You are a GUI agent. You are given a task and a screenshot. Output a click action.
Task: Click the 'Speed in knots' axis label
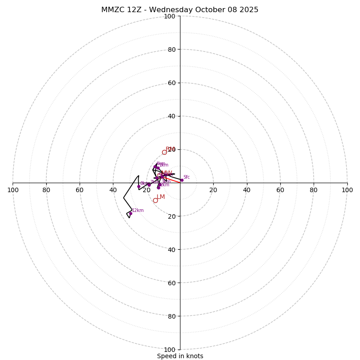(x=180, y=356)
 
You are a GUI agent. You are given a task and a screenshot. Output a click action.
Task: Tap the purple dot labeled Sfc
(x=182, y=180)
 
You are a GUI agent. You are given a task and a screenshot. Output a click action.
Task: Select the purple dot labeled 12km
(x=130, y=214)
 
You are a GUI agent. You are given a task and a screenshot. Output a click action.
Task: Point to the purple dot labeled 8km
(x=139, y=186)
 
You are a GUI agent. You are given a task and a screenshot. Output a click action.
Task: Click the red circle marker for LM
(x=155, y=200)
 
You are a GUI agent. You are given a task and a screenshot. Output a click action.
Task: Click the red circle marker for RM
(x=164, y=152)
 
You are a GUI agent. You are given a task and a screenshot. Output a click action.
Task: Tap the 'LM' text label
(x=161, y=197)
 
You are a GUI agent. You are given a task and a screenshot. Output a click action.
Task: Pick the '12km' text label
(x=138, y=210)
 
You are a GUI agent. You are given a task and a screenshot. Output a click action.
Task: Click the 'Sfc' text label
(x=186, y=177)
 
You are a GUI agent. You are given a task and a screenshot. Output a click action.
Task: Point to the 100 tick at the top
(x=170, y=16)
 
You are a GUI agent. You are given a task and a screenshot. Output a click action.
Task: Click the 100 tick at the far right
(x=347, y=190)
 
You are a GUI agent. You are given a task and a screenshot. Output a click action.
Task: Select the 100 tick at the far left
(x=13, y=190)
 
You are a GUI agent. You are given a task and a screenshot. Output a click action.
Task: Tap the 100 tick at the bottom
(x=170, y=350)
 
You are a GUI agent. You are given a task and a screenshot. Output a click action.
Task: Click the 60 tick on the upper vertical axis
(x=171, y=83)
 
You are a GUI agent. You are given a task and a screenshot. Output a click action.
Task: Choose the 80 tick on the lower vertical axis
(x=171, y=316)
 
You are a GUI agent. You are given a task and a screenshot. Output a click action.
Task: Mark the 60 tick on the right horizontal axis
(x=280, y=190)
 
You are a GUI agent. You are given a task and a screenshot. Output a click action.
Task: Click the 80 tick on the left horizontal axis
(x=46, y=190)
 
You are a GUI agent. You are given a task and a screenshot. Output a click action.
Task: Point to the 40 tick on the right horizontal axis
(x=247, y=190)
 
